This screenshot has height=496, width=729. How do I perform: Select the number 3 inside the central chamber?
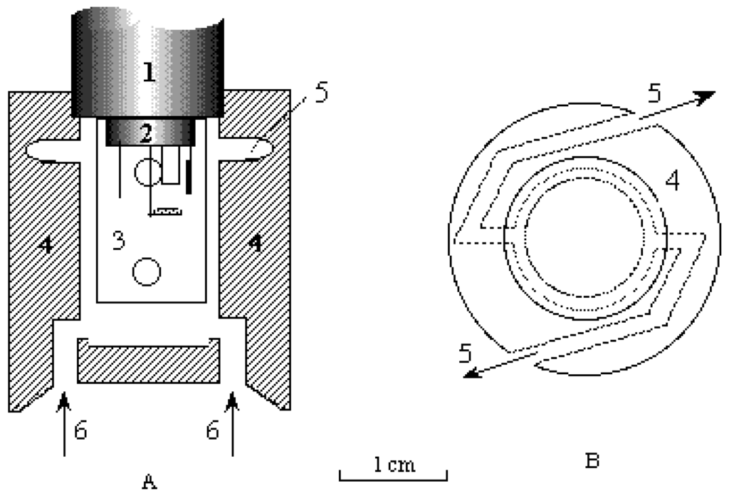point(118,240)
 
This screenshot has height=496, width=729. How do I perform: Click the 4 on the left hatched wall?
point(45,244)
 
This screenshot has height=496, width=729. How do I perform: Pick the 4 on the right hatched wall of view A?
point(254,244)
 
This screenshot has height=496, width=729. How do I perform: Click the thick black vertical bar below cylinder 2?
point(188,177)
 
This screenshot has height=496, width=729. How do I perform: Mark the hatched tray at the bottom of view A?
point(148,363)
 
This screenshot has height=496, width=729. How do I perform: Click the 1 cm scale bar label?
point(394,465)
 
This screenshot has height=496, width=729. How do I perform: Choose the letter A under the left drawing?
point(149,483)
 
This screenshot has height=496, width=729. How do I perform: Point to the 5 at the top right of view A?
point(322,93)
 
